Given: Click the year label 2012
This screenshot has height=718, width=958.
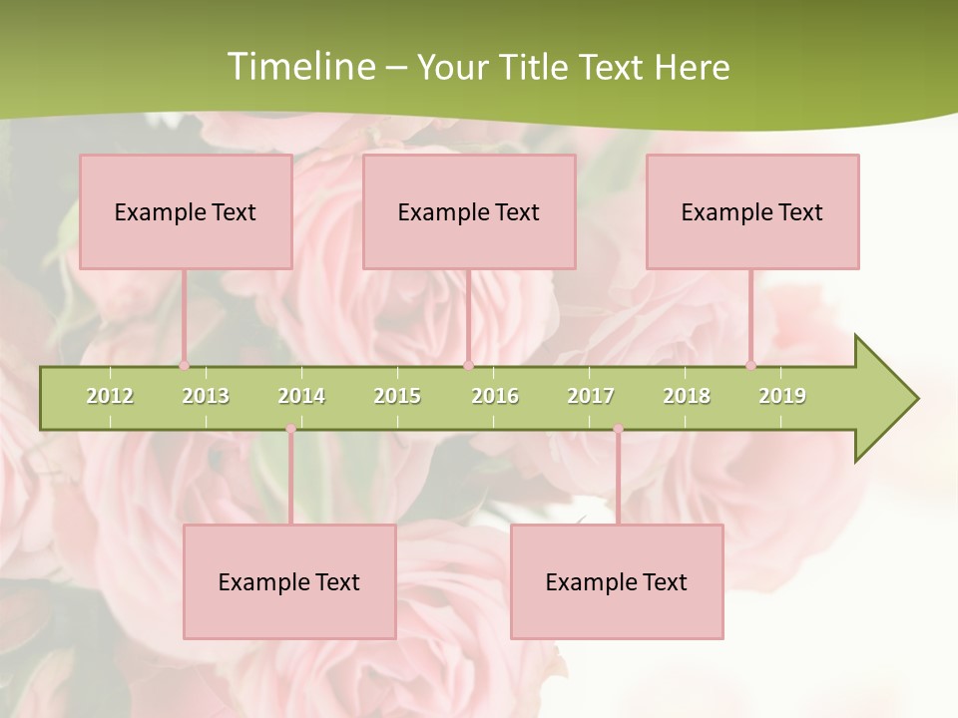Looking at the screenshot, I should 110,396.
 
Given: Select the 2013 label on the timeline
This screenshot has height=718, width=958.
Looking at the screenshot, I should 206,396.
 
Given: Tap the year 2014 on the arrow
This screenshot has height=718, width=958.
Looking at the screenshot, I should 301,396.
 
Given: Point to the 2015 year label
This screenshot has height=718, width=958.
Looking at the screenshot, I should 397,396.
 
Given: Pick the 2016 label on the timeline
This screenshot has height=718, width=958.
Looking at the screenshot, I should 495,396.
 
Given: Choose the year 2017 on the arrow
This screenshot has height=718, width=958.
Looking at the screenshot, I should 591,396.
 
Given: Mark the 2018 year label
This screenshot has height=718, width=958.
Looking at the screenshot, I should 687,396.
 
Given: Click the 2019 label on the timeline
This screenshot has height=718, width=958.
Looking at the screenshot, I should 782,396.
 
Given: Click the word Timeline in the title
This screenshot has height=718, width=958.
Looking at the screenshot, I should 299,67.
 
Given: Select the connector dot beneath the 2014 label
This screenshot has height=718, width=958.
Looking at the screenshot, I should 290,429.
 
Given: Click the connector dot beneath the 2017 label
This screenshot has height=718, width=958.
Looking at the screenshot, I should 618,429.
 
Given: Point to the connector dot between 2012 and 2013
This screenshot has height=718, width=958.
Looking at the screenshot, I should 184,365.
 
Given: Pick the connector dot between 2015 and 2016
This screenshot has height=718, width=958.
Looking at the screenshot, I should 468,365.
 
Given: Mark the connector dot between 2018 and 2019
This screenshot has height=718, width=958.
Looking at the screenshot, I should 750,365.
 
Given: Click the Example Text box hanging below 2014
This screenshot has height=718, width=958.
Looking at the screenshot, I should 289,582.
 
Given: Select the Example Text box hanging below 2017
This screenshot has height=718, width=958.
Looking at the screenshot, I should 617,582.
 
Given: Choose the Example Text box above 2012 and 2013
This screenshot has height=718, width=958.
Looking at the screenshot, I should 186,212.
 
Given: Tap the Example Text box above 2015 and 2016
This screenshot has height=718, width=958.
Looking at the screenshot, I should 469,212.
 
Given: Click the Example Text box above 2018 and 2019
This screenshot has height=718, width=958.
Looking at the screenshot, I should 752,212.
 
